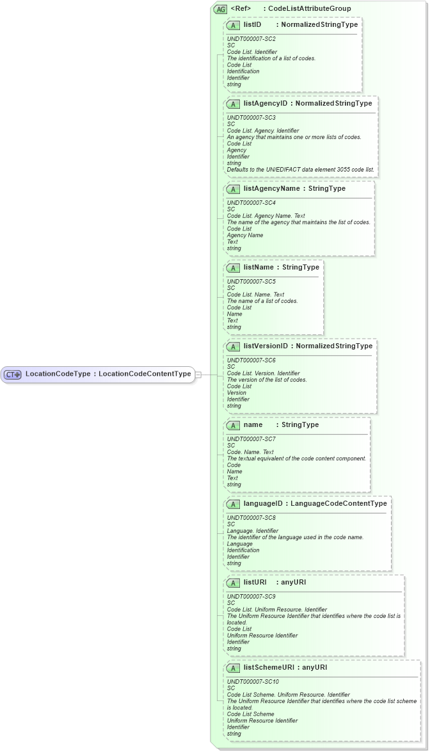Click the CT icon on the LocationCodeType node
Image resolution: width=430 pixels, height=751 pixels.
pos(13,375)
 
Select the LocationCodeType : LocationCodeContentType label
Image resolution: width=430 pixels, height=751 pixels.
pos(108,374)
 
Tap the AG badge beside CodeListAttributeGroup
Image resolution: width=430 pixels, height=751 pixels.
pos(221,9)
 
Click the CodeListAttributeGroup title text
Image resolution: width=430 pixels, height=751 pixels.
pos(309,8)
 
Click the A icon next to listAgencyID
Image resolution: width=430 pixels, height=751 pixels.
pos(234,103)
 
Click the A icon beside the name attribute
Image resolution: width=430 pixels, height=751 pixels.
pos(234,425)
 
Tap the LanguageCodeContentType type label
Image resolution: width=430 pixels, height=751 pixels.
pos(338,504)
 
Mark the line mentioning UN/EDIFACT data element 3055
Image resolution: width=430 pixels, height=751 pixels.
pos(301,170)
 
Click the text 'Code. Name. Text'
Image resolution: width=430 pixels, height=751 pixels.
pos(251,452)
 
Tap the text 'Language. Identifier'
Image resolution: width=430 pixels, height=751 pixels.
pos(253,531)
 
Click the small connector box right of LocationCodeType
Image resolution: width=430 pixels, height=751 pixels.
pos(198,375)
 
